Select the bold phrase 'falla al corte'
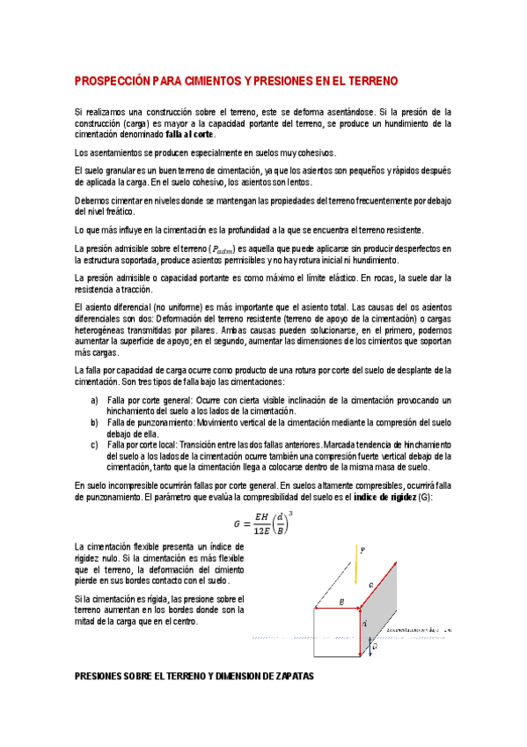(190, 136)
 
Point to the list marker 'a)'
(95, 400)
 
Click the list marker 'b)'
(95, 423)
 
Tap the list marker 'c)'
(95, 445)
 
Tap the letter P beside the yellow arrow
(364, 550)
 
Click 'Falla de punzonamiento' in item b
(150, 423)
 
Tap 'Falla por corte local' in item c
(146, 445)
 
